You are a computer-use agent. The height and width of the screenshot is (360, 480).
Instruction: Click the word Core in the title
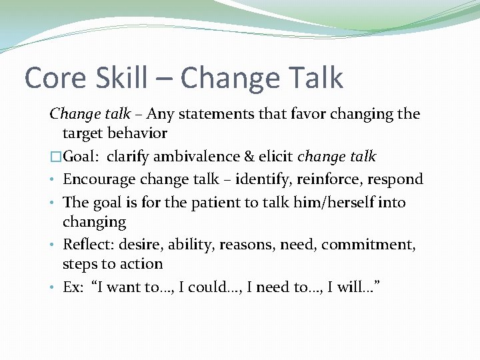56,79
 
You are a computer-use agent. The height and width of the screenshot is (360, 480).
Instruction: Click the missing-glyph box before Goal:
55,157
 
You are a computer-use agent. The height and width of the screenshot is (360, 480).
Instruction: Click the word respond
397,180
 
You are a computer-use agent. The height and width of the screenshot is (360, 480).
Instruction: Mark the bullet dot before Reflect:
53,245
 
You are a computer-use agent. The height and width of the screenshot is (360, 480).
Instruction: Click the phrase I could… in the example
214,287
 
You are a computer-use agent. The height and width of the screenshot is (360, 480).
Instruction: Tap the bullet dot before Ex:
53,287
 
